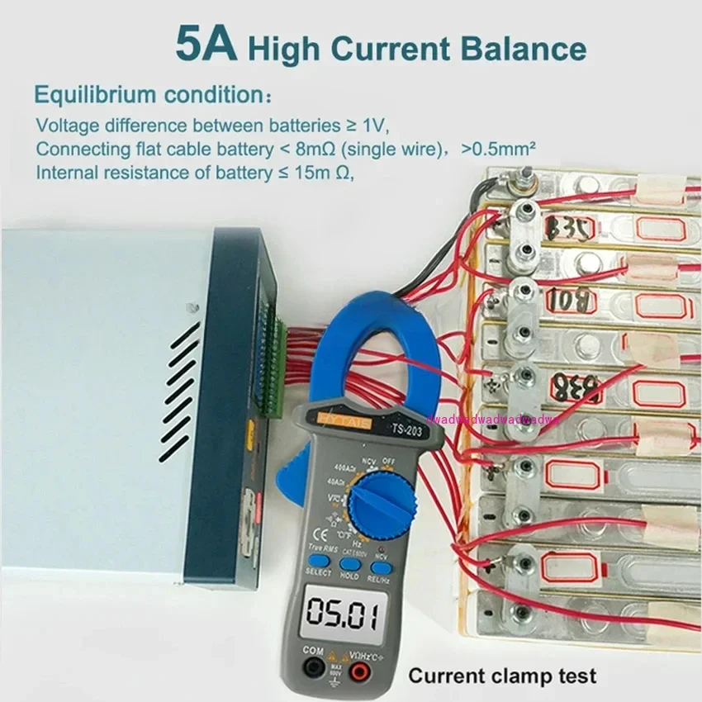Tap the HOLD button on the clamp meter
pos(349,568)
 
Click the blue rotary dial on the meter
pos(381,505)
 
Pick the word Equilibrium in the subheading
pos(90,94)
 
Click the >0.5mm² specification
pos(500,149)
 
